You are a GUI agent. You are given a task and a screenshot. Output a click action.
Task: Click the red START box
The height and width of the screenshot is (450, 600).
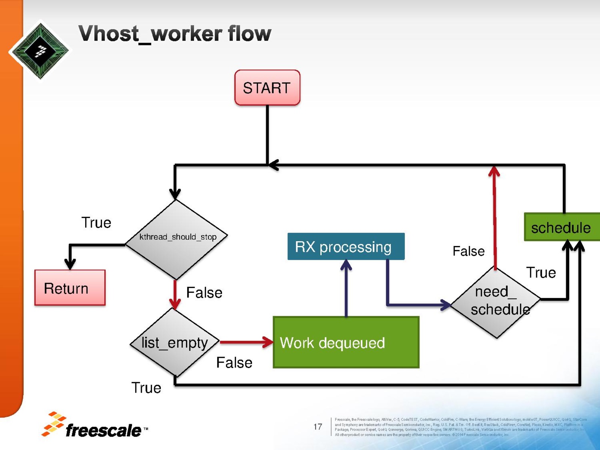(x=267, y=88)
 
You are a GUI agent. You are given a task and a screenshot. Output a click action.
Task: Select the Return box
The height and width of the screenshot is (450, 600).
(x=70, y=288)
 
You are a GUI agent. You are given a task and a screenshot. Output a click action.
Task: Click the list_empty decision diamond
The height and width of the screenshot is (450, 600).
(x=174, y=342)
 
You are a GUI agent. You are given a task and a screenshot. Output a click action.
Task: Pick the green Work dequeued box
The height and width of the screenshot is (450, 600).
(x=346, y=342)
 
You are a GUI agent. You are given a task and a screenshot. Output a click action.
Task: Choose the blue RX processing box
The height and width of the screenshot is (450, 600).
(x=346, y=246)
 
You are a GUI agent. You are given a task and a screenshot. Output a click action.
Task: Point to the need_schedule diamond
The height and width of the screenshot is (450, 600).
(x=496, y=302)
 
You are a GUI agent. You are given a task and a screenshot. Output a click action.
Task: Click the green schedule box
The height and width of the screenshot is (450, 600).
(x=561, y=227)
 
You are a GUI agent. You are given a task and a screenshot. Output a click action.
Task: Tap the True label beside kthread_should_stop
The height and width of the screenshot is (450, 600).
(x=96, y=223)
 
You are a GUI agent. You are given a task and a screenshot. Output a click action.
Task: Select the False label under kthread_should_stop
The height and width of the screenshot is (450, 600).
(x=204, y=293)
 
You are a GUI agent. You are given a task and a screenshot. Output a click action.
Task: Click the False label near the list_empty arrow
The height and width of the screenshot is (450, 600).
(x=234, y=363)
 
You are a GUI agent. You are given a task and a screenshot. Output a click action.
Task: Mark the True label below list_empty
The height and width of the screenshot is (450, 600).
(x=146, y=388)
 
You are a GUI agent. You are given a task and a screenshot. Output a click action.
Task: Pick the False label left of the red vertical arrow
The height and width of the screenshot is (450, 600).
(x=468, y=251)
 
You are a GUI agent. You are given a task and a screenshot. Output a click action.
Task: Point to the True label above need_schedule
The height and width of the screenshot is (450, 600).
(x=541, y=273)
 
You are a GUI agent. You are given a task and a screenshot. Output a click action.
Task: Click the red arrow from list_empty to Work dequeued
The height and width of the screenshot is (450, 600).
(x=246, y=342)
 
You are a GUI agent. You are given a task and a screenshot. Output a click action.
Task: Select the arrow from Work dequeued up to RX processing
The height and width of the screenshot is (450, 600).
(x=346, y=289)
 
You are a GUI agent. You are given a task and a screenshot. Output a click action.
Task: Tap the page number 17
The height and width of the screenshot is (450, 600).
(x=318, y=427)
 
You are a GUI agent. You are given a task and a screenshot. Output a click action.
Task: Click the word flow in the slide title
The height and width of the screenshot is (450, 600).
(x=249, y=34)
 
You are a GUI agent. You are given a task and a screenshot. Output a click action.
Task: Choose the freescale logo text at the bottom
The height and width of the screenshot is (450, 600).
(x=103, y=430)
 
